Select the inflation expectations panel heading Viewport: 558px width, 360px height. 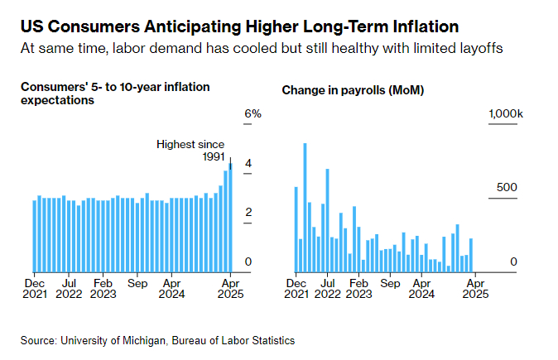[114, 94]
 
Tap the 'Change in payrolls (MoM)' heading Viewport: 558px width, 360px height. [353, 89]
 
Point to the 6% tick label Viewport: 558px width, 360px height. [253, 114]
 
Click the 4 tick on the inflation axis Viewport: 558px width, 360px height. [248, 164]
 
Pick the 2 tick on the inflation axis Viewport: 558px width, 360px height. [248, 213]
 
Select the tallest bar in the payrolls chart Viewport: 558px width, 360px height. [305, 208]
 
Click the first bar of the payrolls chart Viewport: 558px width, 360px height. [296, 229]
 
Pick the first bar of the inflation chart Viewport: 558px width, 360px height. [34, 236]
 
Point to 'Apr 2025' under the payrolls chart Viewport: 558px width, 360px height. [475, 287]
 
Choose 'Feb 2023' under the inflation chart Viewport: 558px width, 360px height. [103, 287]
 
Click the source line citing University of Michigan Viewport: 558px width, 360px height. [158, 340]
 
